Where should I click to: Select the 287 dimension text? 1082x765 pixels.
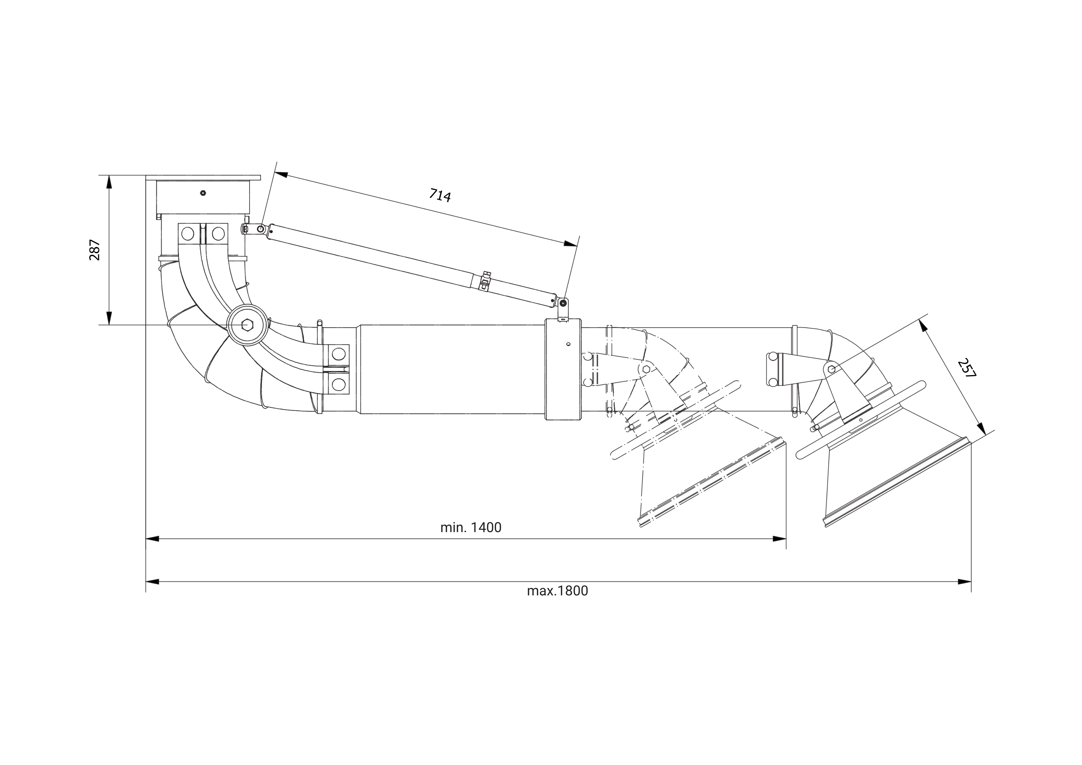pyautogui.click(x=95, y=250)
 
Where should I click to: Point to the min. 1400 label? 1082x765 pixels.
pyautogui.click(x=470, y=527)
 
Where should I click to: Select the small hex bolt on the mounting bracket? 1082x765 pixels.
pyautogui.click(x=203, y=193)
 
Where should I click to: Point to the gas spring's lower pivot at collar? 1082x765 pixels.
pyautogui.click(x=563, y=303)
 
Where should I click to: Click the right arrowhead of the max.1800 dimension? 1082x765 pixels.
pyautogui.click(x=964, y=582)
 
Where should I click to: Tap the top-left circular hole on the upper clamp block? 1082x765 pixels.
pyautogui.click(x=187, y=233)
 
